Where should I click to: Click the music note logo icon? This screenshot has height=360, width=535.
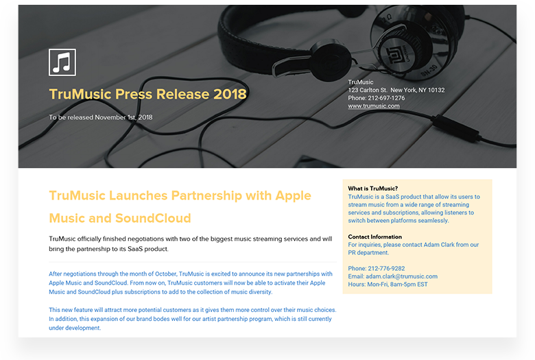point(62,62)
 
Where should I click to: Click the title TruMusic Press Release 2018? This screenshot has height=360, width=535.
point(147,94)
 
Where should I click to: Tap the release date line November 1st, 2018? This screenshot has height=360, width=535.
point(101,117)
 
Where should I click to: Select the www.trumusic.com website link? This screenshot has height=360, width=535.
point(373,106)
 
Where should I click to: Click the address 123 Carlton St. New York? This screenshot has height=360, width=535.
point(396,90)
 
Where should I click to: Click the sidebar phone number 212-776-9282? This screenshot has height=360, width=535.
point(376,268)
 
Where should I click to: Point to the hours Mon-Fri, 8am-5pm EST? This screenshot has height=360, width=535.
point(388,285)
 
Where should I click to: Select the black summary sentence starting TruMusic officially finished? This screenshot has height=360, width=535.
point(191,243)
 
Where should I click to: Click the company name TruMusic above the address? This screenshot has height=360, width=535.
point(361,82)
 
